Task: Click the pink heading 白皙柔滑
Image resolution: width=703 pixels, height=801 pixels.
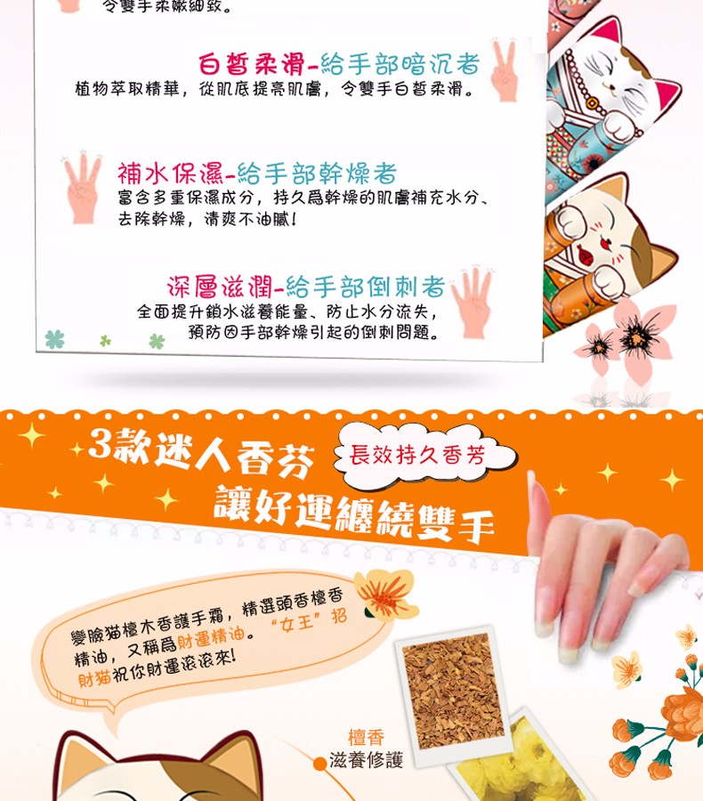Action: (x=251, y=64)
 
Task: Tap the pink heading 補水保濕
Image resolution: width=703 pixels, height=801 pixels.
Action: (x=170, y=174)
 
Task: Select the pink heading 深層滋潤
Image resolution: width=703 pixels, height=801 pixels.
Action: (x=220, y=287)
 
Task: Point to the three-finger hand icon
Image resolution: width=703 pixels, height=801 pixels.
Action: (x=82, y=187)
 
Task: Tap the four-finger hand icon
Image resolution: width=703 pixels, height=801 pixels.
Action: (x=471, y=302)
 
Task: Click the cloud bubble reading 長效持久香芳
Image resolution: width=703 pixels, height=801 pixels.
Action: (x=423, y=454)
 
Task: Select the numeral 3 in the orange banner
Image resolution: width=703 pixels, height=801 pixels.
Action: (x=100, y=443)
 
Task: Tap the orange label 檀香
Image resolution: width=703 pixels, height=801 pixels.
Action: (x=366, y=737)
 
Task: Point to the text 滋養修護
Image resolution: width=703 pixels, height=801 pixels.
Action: (x=366, y=760)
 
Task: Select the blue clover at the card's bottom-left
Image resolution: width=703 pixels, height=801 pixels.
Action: (x=54, y=339)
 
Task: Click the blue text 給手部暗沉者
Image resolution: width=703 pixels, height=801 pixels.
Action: (x=400, y=64)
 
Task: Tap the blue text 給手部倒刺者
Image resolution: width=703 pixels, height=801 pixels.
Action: (x=365, y=287)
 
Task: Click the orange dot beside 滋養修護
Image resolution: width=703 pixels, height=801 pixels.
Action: (x=319, y=764)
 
